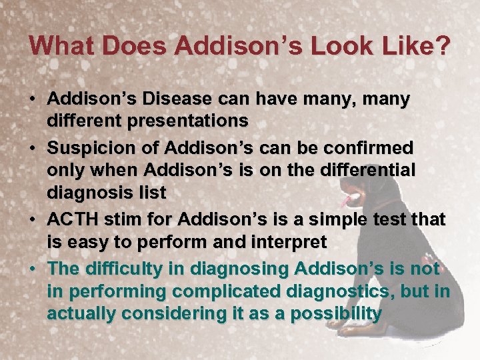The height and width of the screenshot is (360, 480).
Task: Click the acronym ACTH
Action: coord(70,218)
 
